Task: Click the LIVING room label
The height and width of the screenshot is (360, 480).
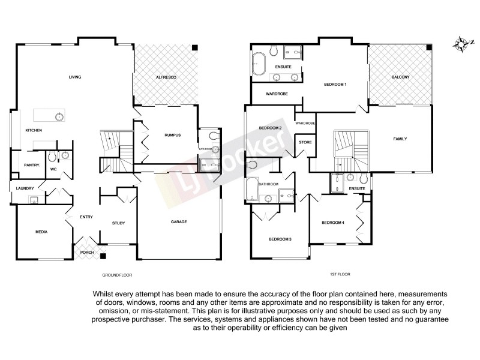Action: (74, 77)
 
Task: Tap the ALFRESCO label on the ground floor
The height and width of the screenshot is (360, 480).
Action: (165, 78)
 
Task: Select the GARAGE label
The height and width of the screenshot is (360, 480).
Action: (179, 222)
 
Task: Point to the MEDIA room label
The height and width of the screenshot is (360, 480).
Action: (41, 232)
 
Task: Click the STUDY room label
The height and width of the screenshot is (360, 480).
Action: (118, 224)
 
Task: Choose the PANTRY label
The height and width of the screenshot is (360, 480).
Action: (32, 165)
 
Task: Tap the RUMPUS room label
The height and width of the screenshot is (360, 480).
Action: (172, 136)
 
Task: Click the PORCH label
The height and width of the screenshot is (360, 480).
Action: (86, 253)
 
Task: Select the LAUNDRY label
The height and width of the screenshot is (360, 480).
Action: (25, 188)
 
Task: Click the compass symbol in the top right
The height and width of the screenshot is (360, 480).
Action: (461, 43)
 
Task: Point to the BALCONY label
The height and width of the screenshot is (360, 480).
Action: (400, 78)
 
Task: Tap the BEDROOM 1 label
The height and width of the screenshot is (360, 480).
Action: (335, 85)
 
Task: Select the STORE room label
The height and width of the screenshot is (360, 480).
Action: (304, 143)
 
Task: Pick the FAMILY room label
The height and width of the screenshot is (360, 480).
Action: (400, 139)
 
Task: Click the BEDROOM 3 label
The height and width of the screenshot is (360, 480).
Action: (280, 239)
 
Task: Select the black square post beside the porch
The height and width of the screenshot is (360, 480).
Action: (103, 256)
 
